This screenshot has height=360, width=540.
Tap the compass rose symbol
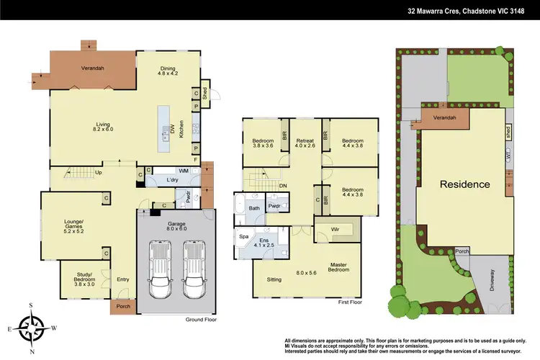tap(32, 329)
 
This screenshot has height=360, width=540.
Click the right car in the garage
tap(193, 269)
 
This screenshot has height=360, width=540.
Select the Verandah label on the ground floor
tap(92, 68)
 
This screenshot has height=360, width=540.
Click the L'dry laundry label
tap(172, 179)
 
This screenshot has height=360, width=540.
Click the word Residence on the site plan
tap(464, 184)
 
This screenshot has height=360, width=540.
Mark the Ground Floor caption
tap(202, 319)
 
